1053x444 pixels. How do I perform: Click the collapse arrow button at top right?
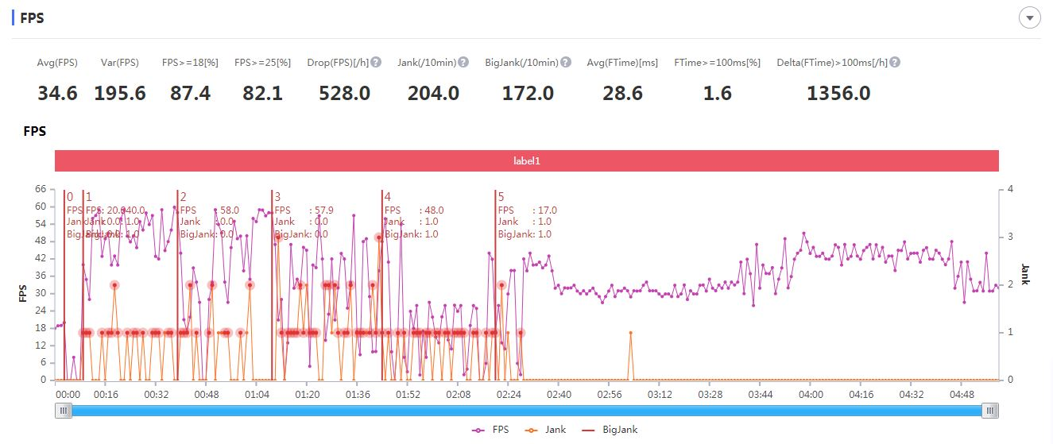[x=1030, y=18]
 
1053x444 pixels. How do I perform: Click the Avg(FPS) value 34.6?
[x=57, y=93]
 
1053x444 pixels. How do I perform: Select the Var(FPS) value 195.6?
[x=120, y=93]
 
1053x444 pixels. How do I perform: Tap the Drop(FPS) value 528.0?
[x=344, y=93]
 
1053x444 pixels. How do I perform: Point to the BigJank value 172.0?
[x=528, y=93]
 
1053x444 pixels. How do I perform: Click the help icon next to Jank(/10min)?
[x=463, y=62]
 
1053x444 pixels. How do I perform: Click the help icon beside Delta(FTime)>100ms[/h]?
[x=895, y=62]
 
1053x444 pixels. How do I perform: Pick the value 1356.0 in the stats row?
[x=838, y=93]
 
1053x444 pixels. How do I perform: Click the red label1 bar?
[x=526, y=160]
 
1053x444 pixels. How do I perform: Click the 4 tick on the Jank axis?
[x=1010, y=189]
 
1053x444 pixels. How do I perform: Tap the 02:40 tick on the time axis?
[x=559, y=394]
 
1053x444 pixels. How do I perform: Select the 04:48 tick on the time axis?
[x=962, y=394]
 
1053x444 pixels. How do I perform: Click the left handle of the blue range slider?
[x=63, y=410]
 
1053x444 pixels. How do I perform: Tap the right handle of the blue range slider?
[x=990, y=410]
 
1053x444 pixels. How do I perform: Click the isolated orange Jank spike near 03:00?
[x=631, y=333]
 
